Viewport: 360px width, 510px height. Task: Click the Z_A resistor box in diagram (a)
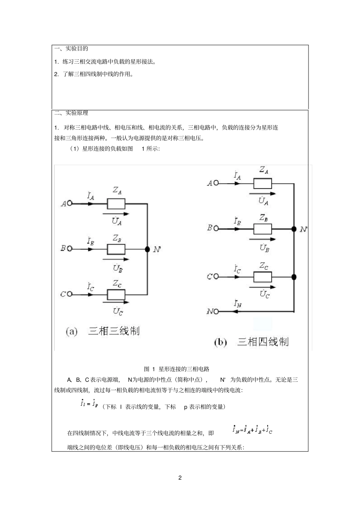116,204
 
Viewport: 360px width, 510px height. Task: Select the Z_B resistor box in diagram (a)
116,249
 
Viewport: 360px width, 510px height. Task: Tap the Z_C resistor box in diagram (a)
116,294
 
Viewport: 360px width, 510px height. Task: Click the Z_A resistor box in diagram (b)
263,184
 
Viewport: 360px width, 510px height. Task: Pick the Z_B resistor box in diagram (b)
263,229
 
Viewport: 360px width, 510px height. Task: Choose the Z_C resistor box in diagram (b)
263,277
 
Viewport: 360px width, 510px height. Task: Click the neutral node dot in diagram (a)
147,249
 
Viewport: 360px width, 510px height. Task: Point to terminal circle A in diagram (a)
70,204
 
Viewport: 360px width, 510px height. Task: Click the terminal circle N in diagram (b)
216,311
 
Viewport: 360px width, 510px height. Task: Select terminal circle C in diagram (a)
70,294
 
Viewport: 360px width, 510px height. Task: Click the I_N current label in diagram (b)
238,303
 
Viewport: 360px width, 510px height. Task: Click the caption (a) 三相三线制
103,331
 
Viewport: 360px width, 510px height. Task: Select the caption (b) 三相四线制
251,342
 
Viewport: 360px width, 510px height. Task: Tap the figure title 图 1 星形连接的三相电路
177,369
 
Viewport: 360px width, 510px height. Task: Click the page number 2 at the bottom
180,477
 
